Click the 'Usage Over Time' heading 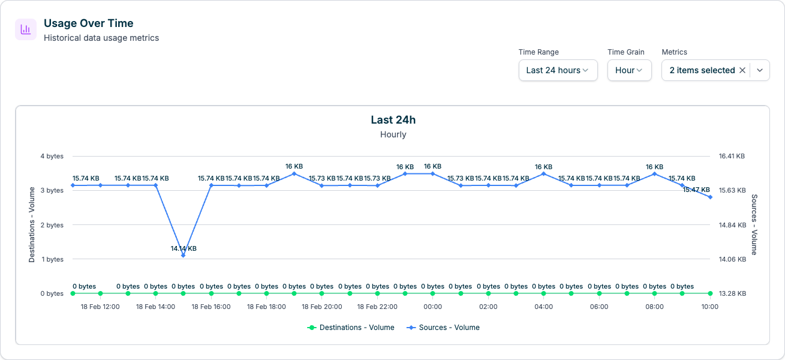[x=88, y=23]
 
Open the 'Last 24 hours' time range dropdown [x=558, y=70]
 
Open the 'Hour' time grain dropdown [x=629, y=70]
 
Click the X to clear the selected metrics [x=742, y=70]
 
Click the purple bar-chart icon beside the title [x=26, y=29]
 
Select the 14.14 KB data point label [x=184, y=248]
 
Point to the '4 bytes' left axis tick [x=52, y=156]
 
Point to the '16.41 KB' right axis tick [x=732, y=156]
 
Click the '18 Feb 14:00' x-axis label [x=155, y=307]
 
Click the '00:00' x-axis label [x=432, y=307]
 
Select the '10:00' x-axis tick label [x=709, y=307]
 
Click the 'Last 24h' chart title [x=393, y=120]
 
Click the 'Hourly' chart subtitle [x=393, y=134]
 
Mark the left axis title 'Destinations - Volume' [x=32, y=225]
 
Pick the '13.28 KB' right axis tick [x=732, y=293]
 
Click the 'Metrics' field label [x=674, y=52]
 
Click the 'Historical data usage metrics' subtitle [x=101, y=38]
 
